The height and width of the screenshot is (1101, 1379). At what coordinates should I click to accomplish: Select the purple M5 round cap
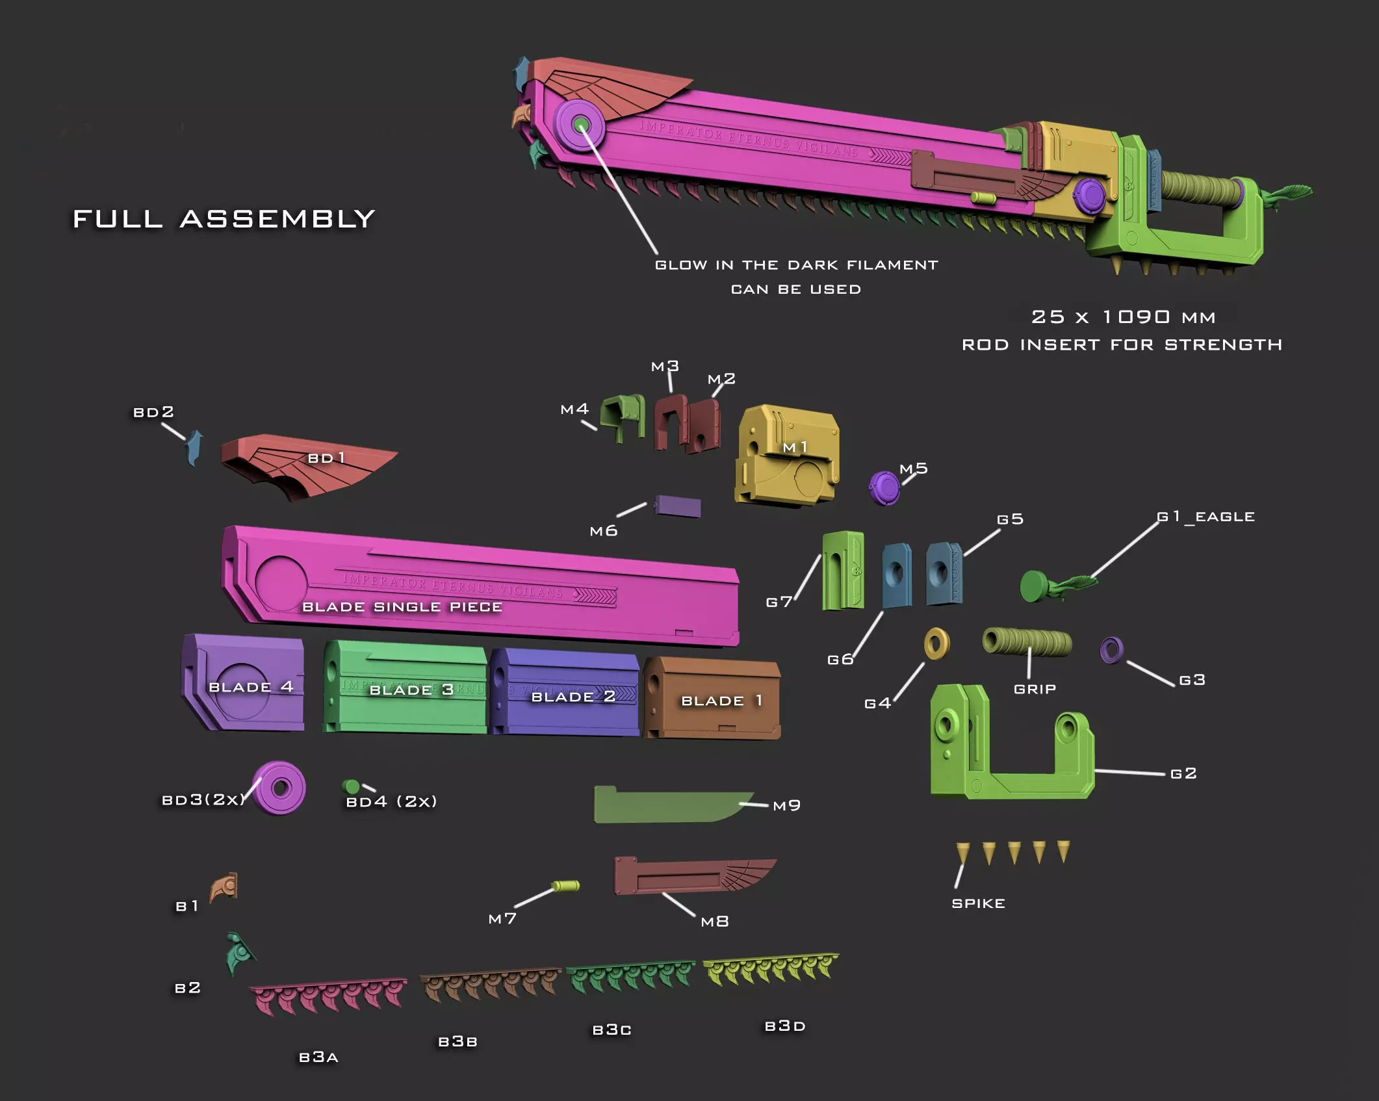884,488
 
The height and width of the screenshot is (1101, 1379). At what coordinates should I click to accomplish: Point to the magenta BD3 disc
280,788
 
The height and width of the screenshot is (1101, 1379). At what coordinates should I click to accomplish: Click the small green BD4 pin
351,787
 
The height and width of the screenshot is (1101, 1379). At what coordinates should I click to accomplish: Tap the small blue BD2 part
194,448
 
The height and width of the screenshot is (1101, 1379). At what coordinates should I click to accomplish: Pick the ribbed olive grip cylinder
1027,642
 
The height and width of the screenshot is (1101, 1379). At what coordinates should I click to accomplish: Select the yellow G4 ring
936,644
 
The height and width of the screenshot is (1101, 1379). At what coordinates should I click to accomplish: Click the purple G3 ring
1111,649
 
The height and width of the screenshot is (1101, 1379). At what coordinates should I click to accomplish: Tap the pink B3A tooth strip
328,996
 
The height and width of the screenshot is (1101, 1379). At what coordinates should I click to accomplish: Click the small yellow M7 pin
565,886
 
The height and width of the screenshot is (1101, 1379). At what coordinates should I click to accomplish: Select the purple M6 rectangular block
677,506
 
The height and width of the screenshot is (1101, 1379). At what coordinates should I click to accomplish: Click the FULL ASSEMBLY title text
224,219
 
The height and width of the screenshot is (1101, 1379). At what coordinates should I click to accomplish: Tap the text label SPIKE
978,903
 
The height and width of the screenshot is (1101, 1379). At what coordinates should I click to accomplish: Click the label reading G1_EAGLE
1205,517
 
